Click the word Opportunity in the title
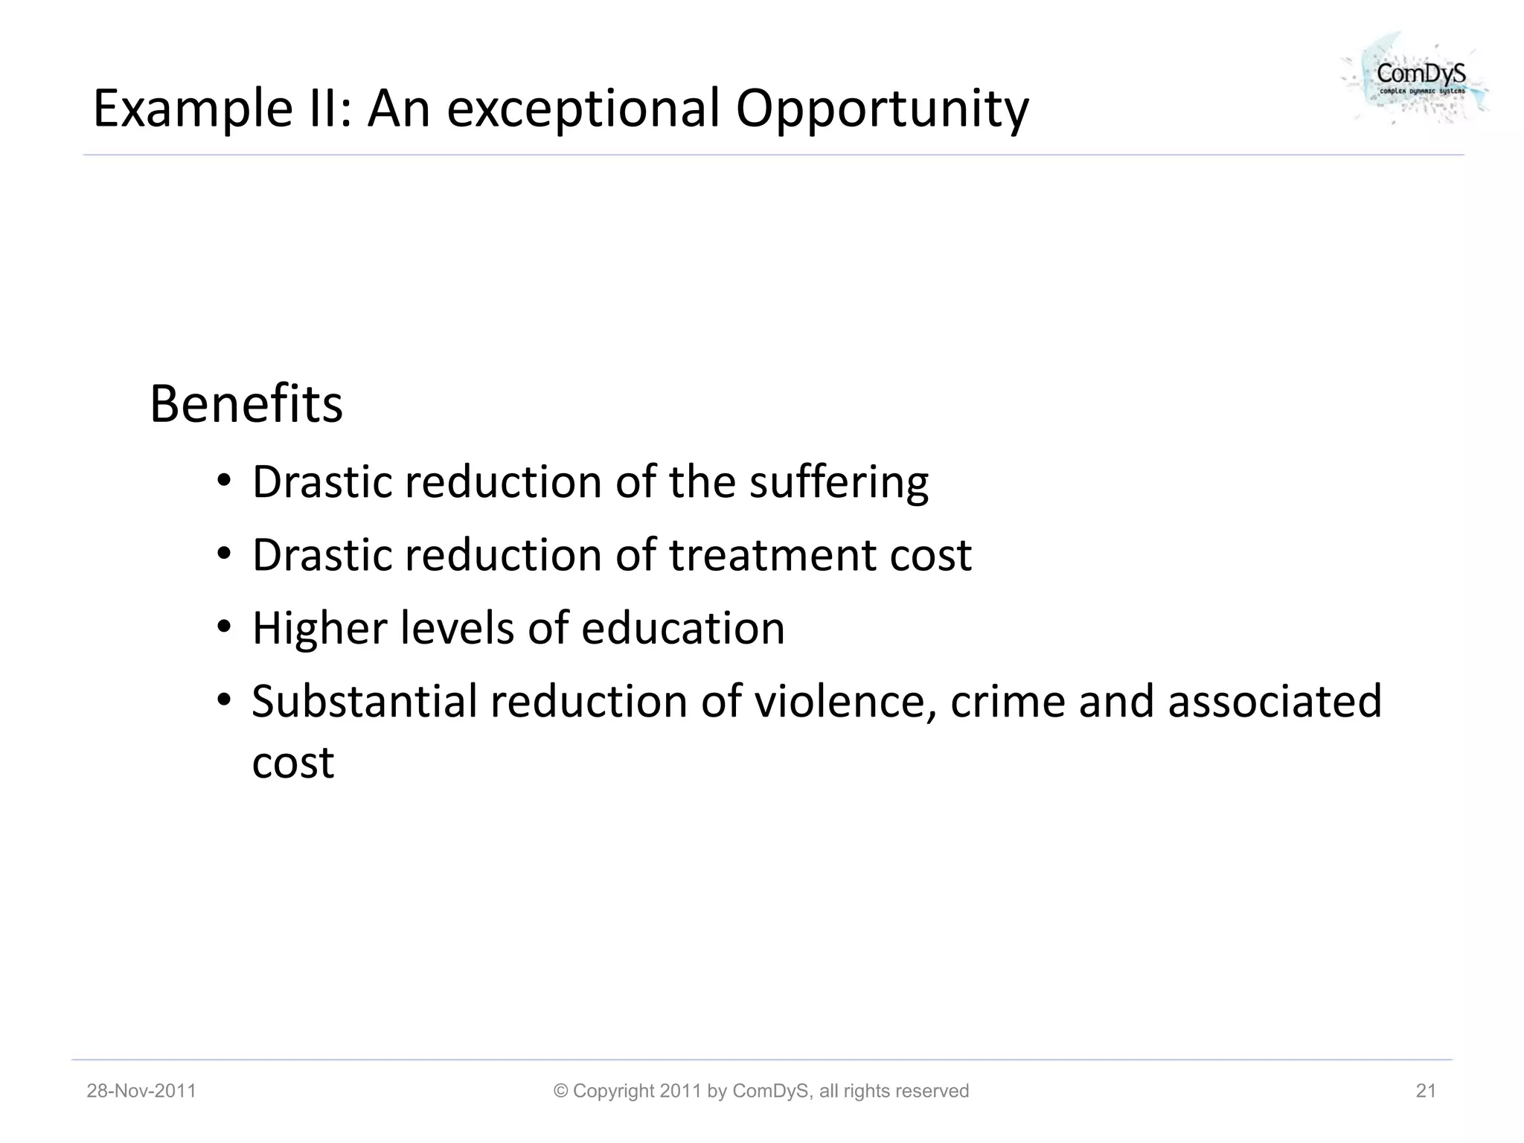(882, 109)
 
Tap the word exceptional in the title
(583, 109)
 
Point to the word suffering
(839, 482)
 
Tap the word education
(682, 628)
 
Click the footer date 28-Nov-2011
(141, 1091)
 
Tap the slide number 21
(1426, 1091)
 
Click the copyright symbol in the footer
(561, 1091)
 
